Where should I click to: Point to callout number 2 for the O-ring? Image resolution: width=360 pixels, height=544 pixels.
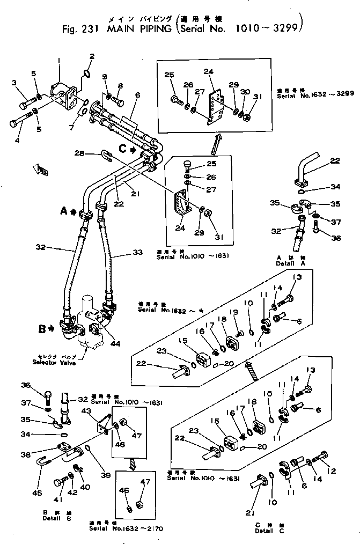tap(91, 56)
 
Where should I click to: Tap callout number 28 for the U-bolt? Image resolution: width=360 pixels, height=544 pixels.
tap(80, 154)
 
